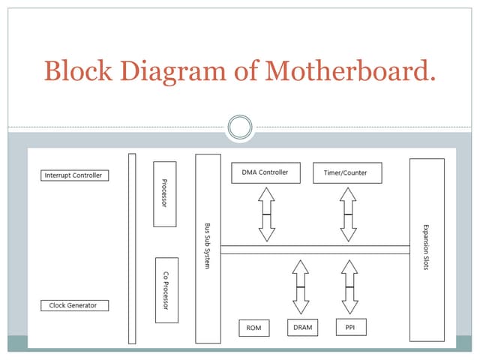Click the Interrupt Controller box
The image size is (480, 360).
(74, 175)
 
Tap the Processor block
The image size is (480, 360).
(164, 193)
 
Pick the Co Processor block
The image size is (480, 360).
(166, 289)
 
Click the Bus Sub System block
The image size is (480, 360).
(208, 247)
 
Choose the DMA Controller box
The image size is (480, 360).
(265, 172)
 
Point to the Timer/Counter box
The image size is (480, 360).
(346, 172)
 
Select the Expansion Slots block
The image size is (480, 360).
(427, 249)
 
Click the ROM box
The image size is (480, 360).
(253, 328)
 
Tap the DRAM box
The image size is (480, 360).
(302, 328)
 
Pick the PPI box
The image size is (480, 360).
(350, 328)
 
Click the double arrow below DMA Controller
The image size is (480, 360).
(266, 214)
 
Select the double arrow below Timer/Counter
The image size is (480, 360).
(347, 214)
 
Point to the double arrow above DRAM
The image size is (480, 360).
(301, 286)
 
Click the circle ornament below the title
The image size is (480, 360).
(240, 126)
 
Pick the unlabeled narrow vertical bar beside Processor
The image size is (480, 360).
(132, 247)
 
